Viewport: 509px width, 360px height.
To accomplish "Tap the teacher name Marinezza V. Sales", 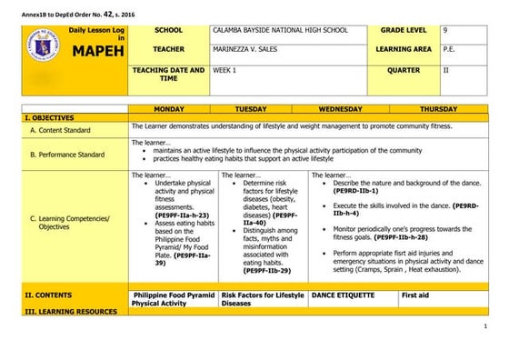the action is (x=249, y=49).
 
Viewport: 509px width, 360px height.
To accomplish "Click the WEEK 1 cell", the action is (x=224, y=69).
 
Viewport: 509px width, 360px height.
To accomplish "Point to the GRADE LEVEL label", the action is (x=405, y=31).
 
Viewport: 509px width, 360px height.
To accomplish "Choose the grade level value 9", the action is (x=445, y=31).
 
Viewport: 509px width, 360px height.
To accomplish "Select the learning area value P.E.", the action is (x=448, y=49).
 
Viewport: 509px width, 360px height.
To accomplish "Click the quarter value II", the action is (x=446, y=69).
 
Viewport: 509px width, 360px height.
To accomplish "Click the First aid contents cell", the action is (x=415, y=295).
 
